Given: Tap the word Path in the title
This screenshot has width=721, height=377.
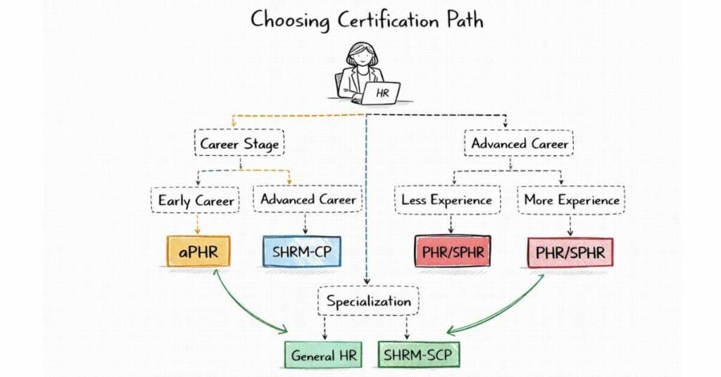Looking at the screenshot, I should coord(460,20).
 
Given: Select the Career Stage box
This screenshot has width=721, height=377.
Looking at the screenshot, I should coord(239,144).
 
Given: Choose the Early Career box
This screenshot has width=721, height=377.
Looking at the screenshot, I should coord(196,200).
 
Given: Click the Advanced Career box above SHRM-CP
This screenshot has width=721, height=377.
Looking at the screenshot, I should coord(308,199).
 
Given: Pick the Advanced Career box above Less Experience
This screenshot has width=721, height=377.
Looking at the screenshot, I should coord(519,143).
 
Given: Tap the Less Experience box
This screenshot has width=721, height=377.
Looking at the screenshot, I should coord(446,200).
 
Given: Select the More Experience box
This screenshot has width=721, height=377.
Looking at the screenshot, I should coord(572,200).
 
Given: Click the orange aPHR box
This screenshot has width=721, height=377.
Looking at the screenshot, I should coord(198,251).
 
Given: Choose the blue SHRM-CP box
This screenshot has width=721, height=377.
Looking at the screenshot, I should coord(301,251).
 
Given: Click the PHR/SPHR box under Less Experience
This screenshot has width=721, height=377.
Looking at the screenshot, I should coord(452,251).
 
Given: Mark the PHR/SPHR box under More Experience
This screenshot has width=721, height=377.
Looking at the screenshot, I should coord(570,252).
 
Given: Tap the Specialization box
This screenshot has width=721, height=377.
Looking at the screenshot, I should coord(368,301).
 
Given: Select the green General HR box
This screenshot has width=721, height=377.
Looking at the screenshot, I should coord(323,355).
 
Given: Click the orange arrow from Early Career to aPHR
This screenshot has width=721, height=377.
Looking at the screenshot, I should coord(197,224).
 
